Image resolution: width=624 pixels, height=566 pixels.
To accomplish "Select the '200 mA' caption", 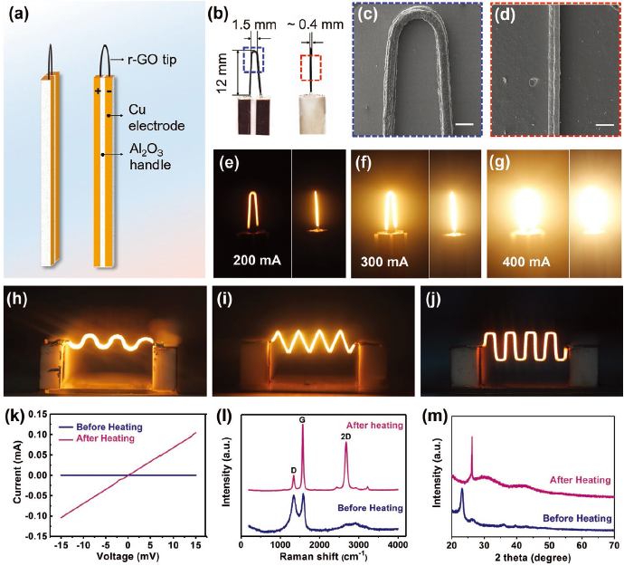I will pyautogui.click(x=257, y=260).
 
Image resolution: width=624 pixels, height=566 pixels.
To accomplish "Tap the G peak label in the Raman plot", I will pyautogui.click(x=302, y=419).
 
